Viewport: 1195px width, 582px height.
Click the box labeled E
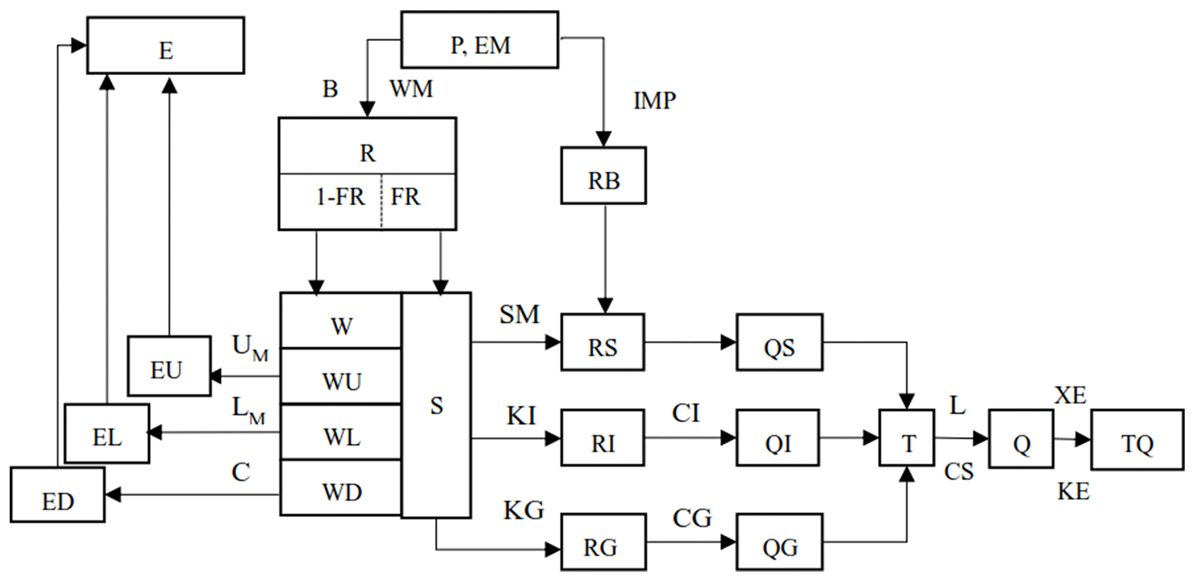pos(165,46)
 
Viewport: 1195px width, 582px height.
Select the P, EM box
pos(480,40)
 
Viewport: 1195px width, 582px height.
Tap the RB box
pos(604,176)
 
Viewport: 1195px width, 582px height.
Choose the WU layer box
pos(341,377)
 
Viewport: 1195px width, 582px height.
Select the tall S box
pos(436,405)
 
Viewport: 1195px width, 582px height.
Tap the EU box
pos(169,366)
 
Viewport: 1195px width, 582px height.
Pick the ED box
pos(58,495)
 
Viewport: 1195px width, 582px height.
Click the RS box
pos(602,342)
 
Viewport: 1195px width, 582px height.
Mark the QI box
pos(778,438)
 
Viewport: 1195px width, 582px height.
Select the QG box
pos(780,542)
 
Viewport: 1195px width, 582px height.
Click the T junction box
pos(907,438)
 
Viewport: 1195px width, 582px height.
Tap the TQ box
pos(1137,440)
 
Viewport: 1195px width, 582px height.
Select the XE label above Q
pos(1070,396)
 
